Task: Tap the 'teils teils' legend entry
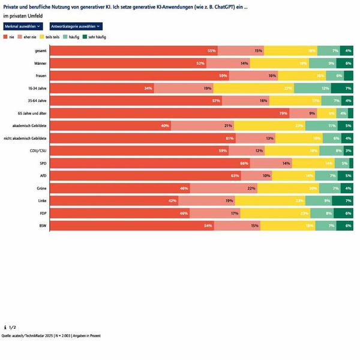point(52,37)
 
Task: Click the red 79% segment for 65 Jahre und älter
point(169,113)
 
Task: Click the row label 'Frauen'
point(41,76)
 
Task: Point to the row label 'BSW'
point(43,226)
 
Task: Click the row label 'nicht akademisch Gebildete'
point(25,138)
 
